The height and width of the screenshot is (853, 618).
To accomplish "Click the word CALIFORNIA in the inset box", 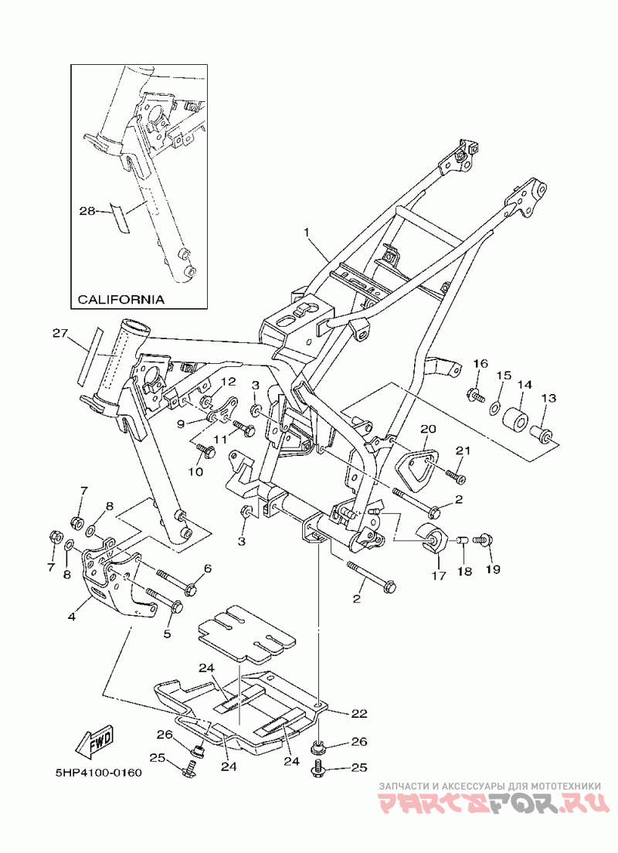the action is [x=121, y=299].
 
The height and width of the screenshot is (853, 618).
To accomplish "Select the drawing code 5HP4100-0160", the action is [x=98, y=773].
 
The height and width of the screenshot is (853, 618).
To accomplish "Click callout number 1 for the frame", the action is [x=306, y=233].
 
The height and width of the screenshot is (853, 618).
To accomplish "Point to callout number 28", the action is [x=87, y=210].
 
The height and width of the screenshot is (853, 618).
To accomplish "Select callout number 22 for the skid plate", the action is [x=359, y=713].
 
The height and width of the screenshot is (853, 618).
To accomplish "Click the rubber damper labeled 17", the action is [x=432, y=539].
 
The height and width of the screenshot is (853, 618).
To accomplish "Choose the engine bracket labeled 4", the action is [x=117, y=581].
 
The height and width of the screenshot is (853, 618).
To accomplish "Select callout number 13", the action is [x=548, y=399].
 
